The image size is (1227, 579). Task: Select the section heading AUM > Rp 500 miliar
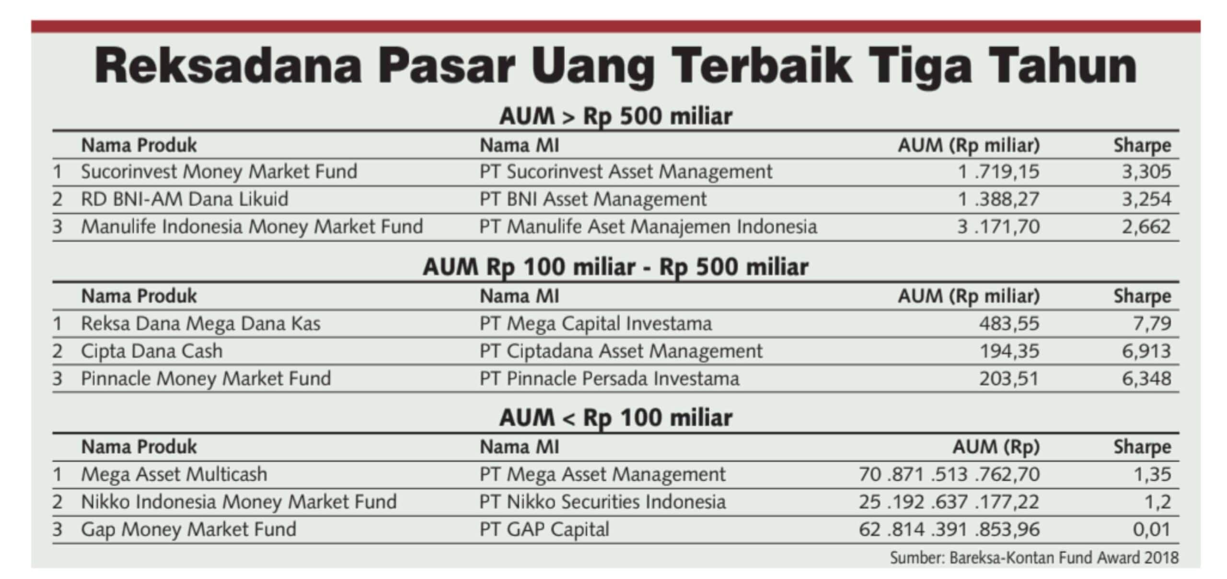(615, 116)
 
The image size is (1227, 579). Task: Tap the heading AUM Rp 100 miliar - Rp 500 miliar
(615, 267)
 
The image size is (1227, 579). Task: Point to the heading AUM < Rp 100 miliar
(615, 417)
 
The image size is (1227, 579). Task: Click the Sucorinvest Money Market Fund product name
(219, 172)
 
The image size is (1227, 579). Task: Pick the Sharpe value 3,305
(1146, 172)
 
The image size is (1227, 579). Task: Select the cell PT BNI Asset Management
(593, 199)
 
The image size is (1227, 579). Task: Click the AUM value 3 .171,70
(998, 227)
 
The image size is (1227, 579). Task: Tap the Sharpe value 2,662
(1146, 227)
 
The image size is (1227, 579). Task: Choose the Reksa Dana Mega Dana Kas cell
(200, 324)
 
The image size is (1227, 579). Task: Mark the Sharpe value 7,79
(1152, 324)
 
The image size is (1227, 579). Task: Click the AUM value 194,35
(1009, 351)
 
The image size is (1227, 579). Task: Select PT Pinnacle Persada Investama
(609, 379)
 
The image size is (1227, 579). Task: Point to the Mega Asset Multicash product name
(174, 475)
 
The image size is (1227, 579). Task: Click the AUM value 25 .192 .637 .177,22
(949, 502)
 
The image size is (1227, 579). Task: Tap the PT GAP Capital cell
(544, 530)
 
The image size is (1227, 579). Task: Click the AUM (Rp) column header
(996, 447)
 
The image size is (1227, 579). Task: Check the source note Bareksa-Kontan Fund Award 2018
(1034, 558)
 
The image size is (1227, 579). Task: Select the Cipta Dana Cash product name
(151, 351)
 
